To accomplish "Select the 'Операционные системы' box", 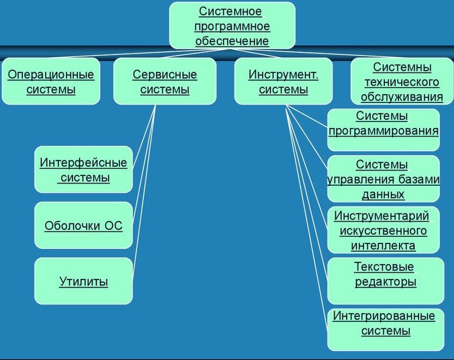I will click(51, 82).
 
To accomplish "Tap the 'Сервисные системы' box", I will click(164, 82).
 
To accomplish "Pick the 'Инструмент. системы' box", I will click(283, 82).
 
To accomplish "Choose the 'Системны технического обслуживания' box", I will click(402, 82).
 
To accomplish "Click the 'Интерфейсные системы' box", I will click(83, 169).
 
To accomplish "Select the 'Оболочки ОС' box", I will click(83, 225).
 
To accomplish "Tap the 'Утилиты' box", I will click(83, 281).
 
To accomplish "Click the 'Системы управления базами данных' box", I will click(383, 179).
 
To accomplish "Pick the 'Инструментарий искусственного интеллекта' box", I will click(383, 230).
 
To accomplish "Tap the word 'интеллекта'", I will click(383, 245).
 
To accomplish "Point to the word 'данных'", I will click(383, 194).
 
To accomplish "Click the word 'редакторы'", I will click(385, 282).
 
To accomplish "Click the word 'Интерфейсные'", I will click(83, 162).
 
